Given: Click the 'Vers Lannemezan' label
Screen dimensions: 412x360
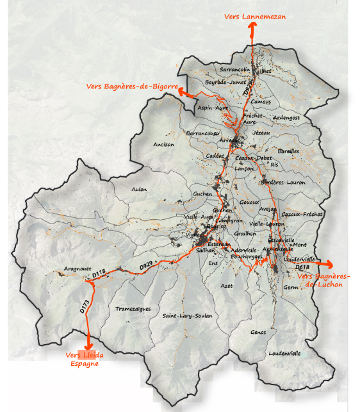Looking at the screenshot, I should pos(255,17).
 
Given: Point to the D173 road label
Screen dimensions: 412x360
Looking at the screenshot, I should pos(85,306).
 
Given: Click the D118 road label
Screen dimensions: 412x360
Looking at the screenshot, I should pos(98,273).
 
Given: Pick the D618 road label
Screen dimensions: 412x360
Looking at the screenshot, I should pos(303,267).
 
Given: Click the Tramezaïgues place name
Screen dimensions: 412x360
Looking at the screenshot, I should pos(133,308).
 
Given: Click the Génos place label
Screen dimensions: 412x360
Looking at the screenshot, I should pos(259,331).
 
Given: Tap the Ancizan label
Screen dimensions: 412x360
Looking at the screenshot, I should pos(163,145).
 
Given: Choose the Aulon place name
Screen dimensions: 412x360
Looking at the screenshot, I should pos(139,189).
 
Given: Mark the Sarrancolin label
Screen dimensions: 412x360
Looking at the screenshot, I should pos(234,69).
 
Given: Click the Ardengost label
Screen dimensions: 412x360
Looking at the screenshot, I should pos(286,118).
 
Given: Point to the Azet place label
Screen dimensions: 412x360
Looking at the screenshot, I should pos(226,285).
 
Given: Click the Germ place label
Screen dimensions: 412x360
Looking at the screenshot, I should pos(291,288).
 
